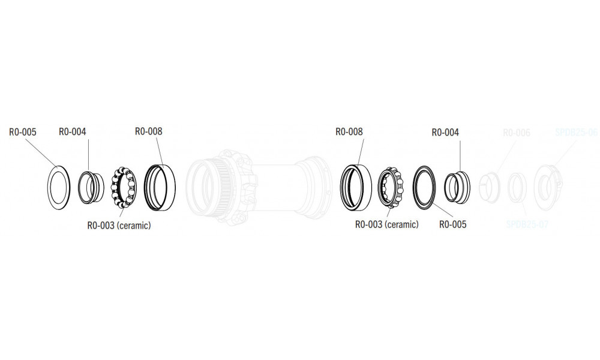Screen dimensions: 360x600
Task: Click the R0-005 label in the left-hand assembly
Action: [x=23, y=133]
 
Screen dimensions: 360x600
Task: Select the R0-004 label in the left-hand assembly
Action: [x=73, y=133]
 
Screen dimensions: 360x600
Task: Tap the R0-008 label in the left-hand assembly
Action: [x=148, y=131]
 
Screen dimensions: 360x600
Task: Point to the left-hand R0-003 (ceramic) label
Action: [x=118, y=226]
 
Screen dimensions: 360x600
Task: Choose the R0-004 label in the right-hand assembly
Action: [x=445, y=133]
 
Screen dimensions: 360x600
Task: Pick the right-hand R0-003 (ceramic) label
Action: [x=386, y=224]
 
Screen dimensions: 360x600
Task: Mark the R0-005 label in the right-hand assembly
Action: [x=452, y=224]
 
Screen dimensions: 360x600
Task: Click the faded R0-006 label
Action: [x=516, y=133]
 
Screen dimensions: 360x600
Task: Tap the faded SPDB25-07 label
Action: [x=526, y=224]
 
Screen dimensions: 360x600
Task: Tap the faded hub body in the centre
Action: [x=258, y=180]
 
